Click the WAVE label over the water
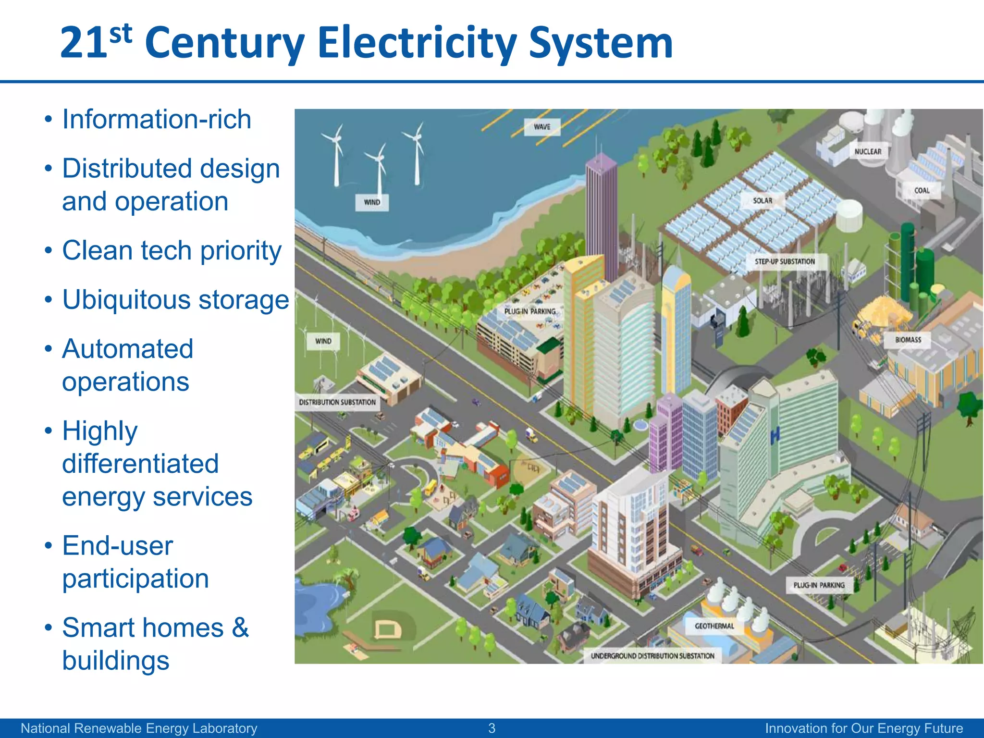(x=542, y=127)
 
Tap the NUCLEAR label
(x=868, y=151)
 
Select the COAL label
(x=922, y=190)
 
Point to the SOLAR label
(x=763, y=200)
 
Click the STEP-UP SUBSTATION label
(x=785, y=261)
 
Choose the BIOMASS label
(x=908, y=340)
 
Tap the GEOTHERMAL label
(x=714, y=626)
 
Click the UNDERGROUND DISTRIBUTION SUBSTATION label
(x=652, y=656)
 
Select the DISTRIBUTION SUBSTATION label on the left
(x=337, y=402)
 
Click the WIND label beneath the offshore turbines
(x=372, y=202)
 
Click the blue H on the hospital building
(x=775, y=435)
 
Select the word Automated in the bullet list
(x=128, y=349)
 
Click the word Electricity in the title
(x=417, y=43)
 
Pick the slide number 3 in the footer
(x=492, y=728)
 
